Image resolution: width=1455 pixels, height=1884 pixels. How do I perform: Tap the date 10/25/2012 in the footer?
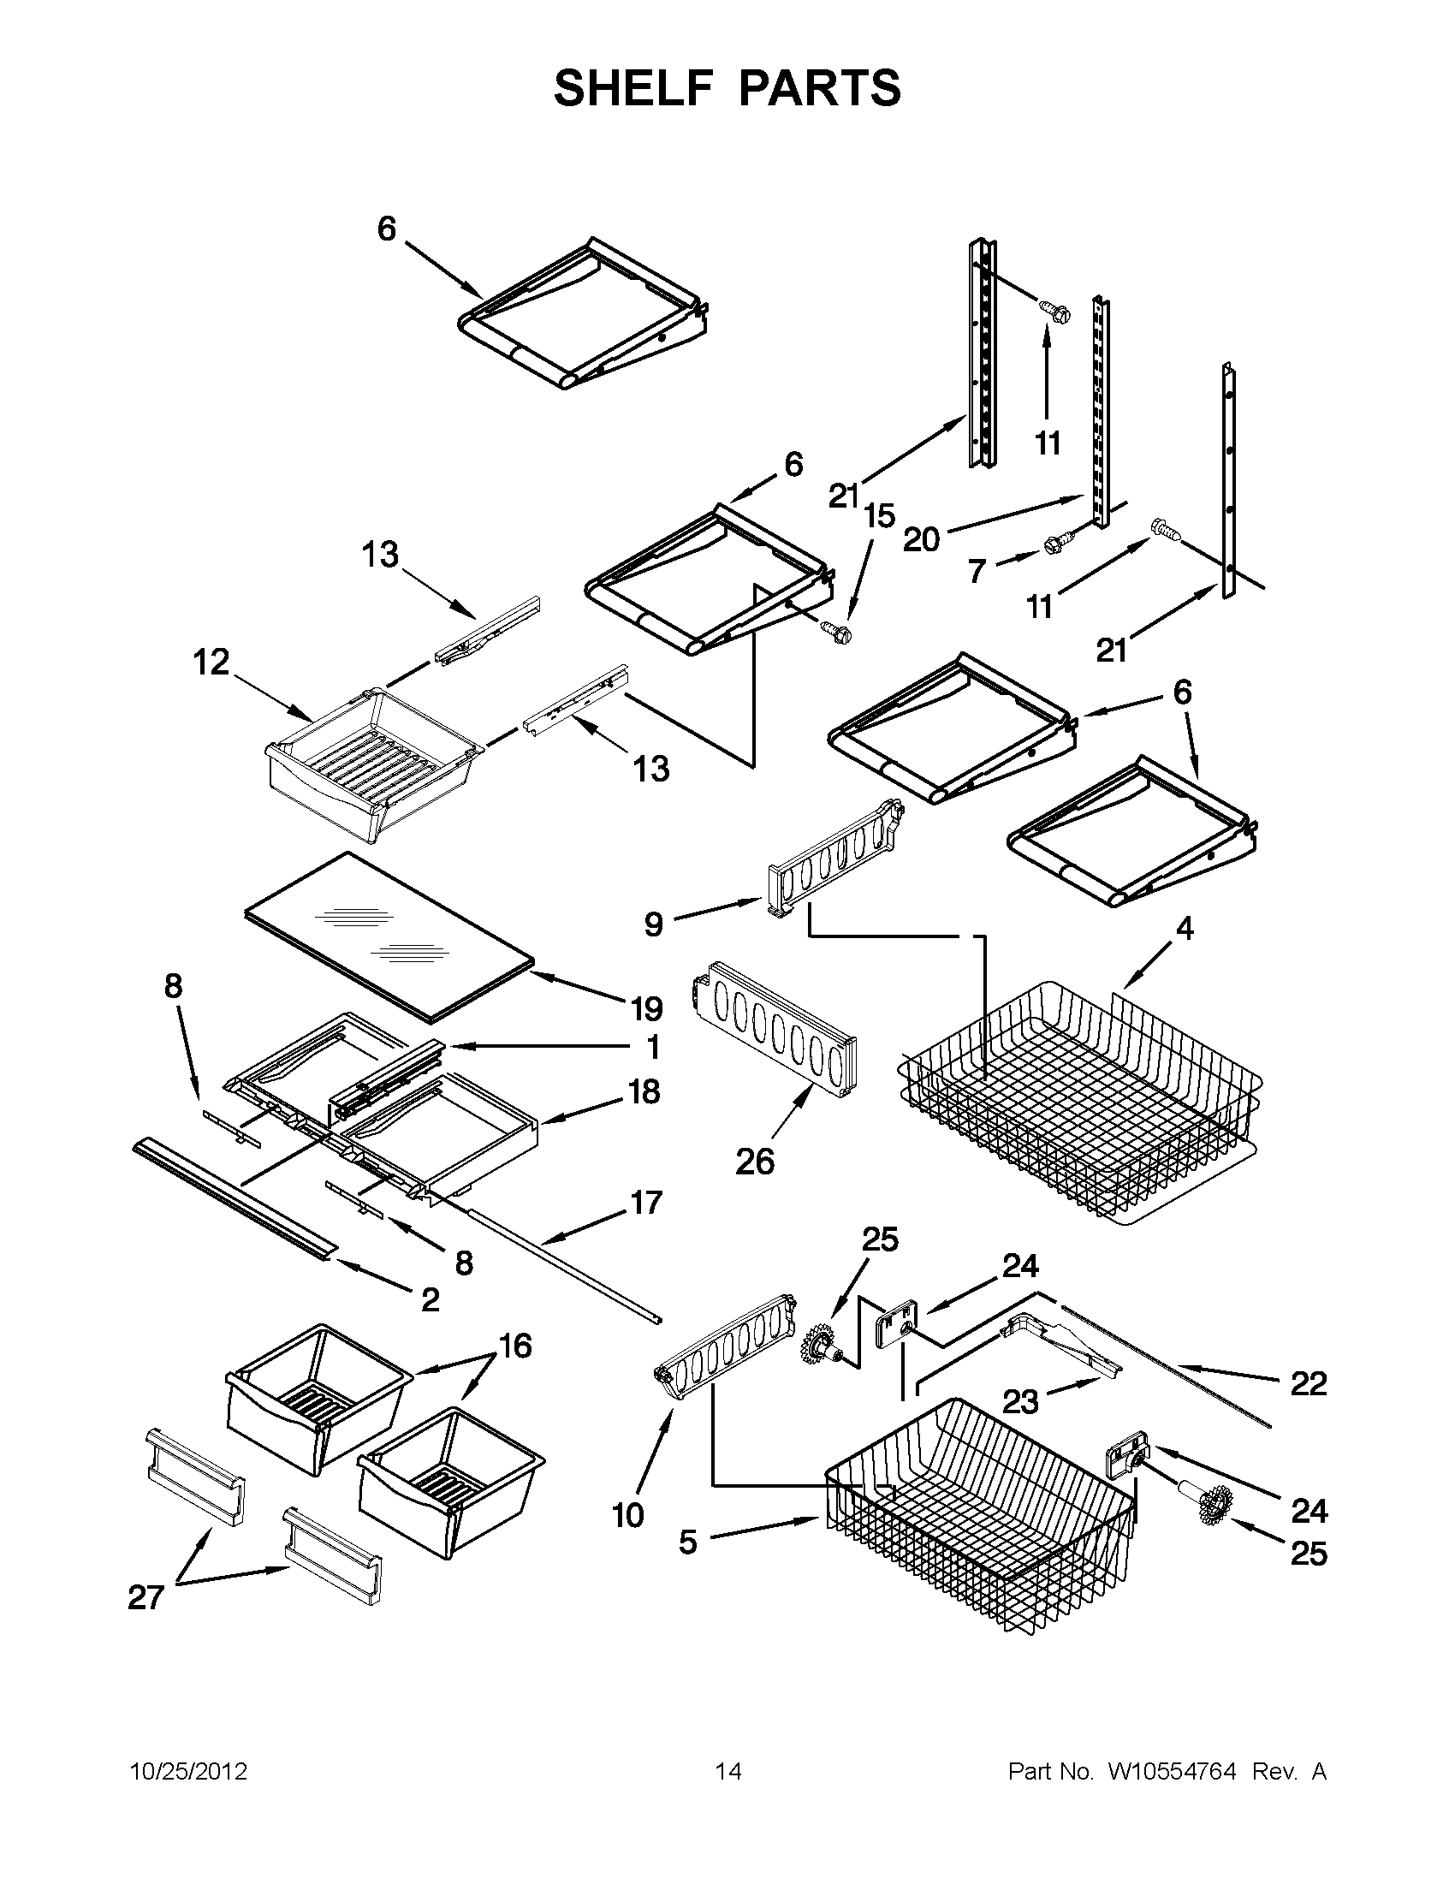tap(188, 1772)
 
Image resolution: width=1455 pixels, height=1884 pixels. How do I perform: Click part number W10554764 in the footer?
tap(1170, 1772)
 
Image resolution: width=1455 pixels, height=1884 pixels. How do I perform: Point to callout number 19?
tap(646, 1008)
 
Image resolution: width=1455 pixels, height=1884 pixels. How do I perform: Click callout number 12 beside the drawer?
tap(211, 663)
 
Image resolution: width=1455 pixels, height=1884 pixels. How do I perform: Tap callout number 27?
tap(145, 1597)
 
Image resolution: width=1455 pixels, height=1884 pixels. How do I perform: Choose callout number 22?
tap(1308, 1383)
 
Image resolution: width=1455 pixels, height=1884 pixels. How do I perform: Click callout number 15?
tap(880, 516)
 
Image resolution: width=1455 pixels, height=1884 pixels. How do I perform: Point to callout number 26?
tap(755, 1162)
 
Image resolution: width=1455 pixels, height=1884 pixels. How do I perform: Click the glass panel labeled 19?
tap(388, 931)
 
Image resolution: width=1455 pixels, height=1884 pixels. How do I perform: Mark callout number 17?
tap(646, 1202)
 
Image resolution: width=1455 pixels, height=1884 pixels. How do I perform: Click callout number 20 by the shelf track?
tap(921, 540)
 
